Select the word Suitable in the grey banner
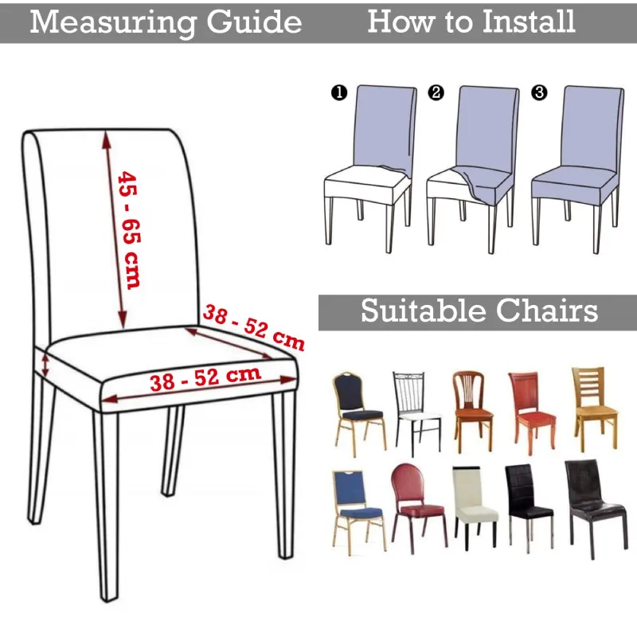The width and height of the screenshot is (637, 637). coord(424,311)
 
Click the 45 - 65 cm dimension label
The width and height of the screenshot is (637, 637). coord(129,229)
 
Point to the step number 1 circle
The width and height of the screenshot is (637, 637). coord(339,92)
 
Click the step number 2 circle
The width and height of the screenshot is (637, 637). coord(436,92)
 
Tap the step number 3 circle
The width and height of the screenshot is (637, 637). coord(539,92)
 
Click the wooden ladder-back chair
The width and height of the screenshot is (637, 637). coord(595,408)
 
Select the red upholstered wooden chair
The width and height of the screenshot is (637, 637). coord(532,412)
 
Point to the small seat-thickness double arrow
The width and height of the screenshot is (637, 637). coord(45,365)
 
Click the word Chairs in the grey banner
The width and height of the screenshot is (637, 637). coord(547,311)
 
